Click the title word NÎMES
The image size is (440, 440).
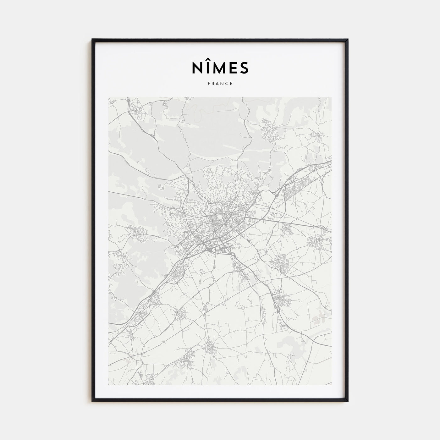point(220,68)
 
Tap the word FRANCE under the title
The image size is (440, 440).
point(220,84)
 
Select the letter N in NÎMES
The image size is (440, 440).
point(197,68)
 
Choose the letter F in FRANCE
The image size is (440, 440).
point(209,84)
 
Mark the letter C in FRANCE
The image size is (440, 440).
point(227,84)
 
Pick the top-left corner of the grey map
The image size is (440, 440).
point(109,97)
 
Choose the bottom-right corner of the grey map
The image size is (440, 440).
point(331,385)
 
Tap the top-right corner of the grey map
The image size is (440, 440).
point(331,97)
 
